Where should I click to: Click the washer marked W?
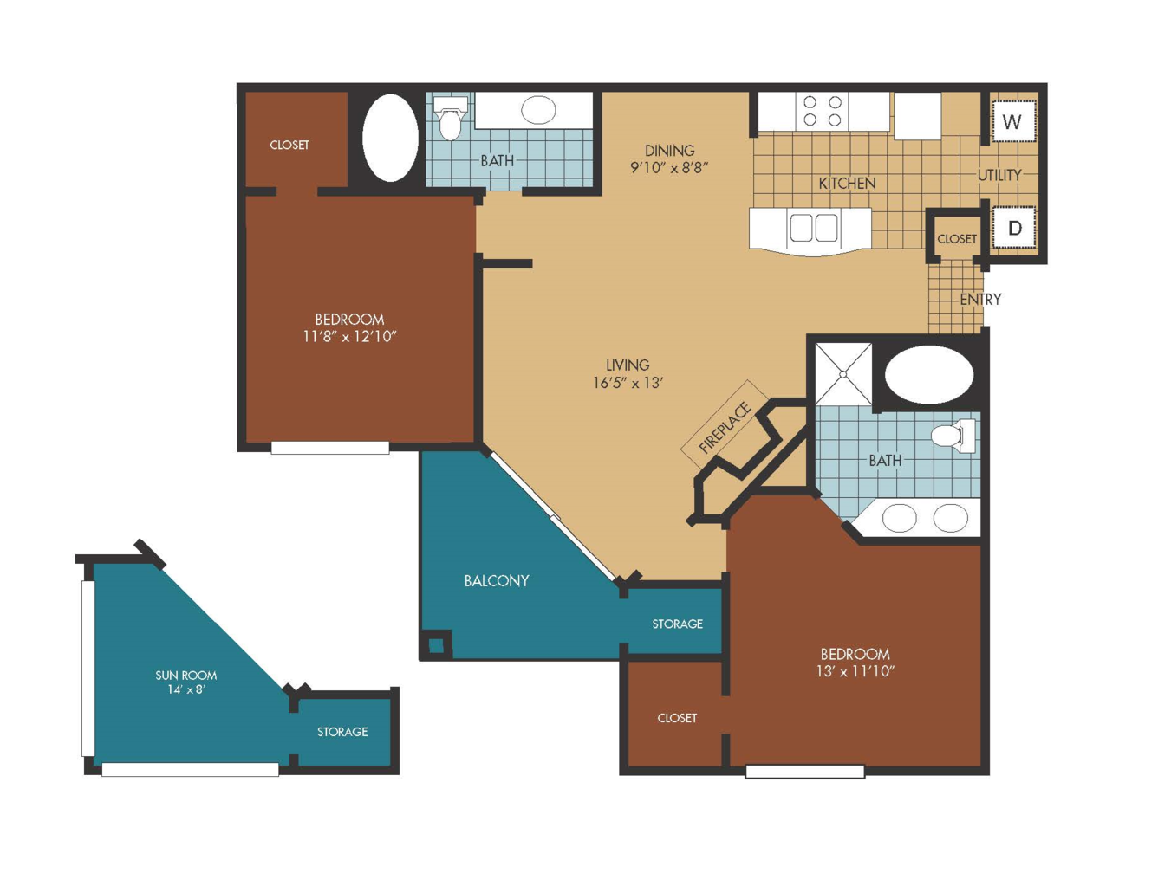coord(1014,121)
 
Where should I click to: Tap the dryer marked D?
coord(1015,228)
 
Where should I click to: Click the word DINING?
coord(670,151)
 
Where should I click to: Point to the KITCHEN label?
coord(847,184)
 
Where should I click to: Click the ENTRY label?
coord(980,300)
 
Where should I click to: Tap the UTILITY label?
coord(999,175)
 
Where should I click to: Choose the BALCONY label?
coord(497,581)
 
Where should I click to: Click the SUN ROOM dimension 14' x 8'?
coord(186,689)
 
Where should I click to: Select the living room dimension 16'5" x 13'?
coord(628,382)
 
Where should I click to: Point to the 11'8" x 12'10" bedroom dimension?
coord(349,337)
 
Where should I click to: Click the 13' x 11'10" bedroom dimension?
coord(855,671)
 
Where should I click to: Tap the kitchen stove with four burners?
coord(823,111)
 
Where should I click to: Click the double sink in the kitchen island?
coord(813,228)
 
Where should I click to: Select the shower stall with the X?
coord(843,374)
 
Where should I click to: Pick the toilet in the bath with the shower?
coord(953,436)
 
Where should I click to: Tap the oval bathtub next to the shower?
coord(929,375)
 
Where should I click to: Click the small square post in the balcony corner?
coord(437,645)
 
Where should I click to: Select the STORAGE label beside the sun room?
coord(342,732)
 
